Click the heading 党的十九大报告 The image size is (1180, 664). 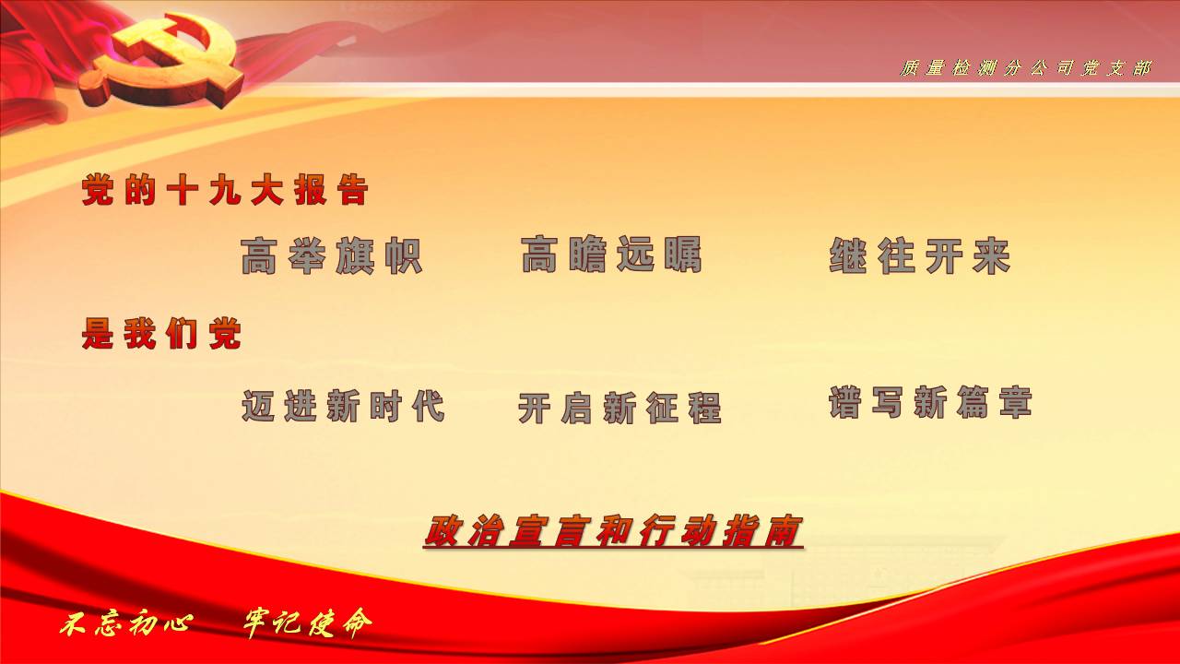[225, 189]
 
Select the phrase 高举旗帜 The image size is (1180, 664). [331, 256]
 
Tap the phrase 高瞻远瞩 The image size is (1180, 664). [611, 254]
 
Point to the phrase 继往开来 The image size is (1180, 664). [920, 256]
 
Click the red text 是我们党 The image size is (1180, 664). [161, 334]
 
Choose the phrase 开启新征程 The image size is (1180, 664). [619, 409]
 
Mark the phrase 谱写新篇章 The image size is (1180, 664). [930, 403]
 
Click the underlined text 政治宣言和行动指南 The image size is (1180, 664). [613, 531]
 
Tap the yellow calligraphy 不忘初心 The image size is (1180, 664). [126, 624]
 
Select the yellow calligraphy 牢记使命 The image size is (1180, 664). [308, 623]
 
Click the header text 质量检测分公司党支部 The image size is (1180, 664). [1025, 68]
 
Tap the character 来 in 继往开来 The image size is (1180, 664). [992, 256]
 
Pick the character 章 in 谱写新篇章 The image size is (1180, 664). [1016, 403]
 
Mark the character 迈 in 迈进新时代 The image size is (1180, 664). [258, 406]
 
